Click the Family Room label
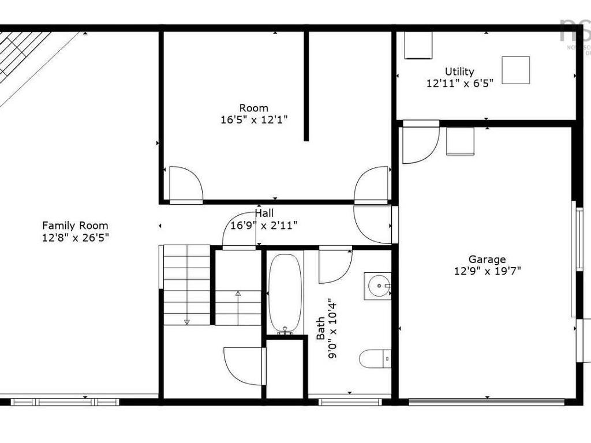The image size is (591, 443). click(75, 226)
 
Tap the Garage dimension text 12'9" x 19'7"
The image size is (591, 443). click(487, 271)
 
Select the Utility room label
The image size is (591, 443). click(459, 72)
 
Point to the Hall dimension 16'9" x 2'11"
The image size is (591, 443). click(264, 225)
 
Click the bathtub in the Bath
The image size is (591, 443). click(285, 292)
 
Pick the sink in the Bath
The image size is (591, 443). click(378, 285)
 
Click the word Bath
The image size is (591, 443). click(320, 335)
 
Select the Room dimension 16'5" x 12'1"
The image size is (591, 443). click(254, 119)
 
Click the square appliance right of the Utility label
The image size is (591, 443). click(515, 70)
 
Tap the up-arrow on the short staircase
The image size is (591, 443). click(238, 294)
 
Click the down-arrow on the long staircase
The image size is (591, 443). click(187, 322)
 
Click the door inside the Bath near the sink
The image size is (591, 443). click(335, 265)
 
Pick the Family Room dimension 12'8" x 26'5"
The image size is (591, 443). click(75, 236)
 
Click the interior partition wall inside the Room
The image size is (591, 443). click(306, 87)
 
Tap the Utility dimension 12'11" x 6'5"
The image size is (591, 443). click(459, 83)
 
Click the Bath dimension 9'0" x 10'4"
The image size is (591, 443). click(333, 329)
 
